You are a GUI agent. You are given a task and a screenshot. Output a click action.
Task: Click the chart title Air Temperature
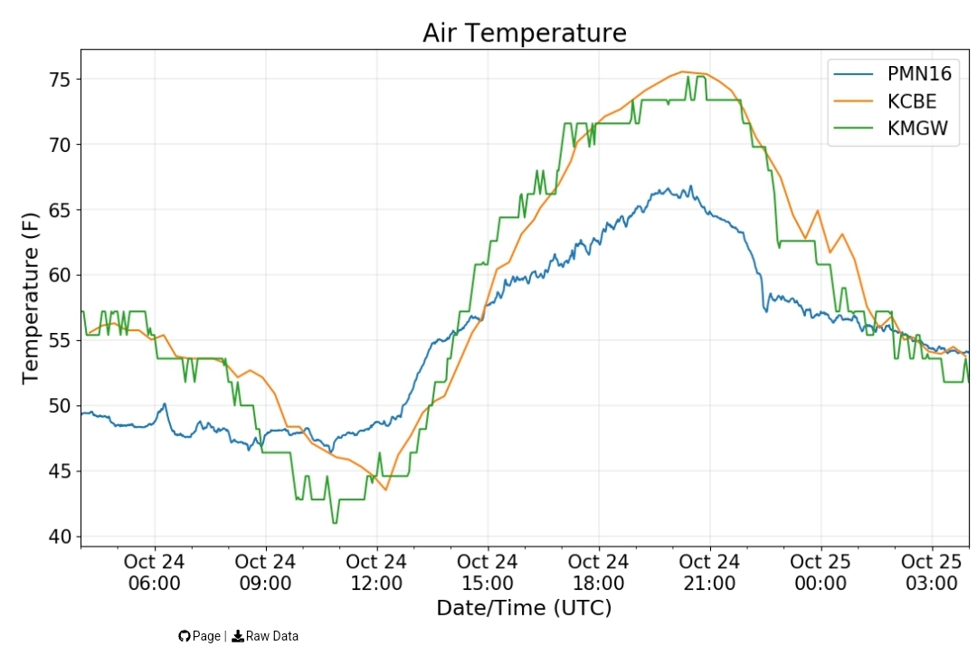point(524,33)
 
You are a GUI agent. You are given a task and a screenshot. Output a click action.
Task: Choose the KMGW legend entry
point(891,128)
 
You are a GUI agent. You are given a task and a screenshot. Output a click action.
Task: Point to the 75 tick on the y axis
point(61,80)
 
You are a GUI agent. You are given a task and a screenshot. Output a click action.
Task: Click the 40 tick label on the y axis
point(61,537)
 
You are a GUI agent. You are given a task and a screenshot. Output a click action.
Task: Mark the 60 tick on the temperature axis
point(61,275)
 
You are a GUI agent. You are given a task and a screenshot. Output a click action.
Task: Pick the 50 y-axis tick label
point(61,406)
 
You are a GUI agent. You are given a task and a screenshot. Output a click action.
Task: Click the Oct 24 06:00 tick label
point(155,573)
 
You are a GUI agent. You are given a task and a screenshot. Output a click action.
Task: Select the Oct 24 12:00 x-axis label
point(376,573)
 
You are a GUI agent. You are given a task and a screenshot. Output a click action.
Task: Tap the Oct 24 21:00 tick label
point(710,573)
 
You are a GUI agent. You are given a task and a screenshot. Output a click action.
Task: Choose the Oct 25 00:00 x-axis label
point(820,573)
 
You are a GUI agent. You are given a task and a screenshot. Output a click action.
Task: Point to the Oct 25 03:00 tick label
point(932,573)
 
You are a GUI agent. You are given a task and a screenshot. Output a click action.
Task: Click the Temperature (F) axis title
point(30,299)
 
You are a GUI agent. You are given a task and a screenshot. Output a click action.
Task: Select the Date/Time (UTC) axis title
point(524,608)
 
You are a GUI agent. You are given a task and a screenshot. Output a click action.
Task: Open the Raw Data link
point(265,636)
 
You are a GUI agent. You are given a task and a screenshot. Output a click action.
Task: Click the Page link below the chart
point(199,636)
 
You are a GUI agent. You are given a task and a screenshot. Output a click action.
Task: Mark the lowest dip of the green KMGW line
point(335,523)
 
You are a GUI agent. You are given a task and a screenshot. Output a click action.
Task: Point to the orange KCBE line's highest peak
point(684,71)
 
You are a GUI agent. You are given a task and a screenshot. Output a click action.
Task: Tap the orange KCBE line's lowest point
point(385,489)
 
